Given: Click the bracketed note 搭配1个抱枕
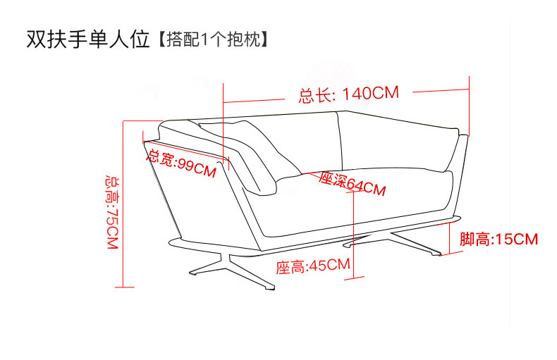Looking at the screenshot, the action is [211, 39].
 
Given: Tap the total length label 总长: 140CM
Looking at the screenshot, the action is [349, 94].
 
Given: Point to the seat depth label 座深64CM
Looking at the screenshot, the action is [352, 185].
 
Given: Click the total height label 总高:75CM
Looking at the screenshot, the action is [111, 211].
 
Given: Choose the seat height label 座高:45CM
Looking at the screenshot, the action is [313, 266].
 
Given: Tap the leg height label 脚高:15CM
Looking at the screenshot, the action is [498, 240].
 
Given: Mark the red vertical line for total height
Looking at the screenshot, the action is [123, 204].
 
